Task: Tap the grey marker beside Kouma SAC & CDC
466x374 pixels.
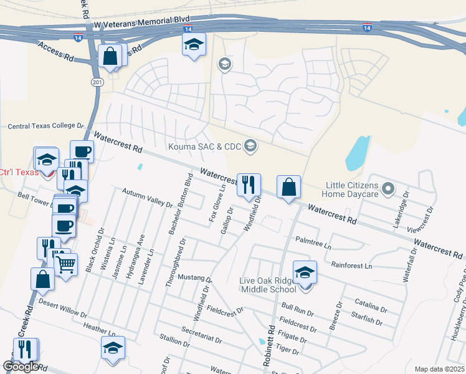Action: (250, 146)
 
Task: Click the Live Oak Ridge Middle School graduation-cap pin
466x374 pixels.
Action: (305, 273)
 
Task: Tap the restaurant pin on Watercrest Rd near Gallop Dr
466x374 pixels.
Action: (249, 185)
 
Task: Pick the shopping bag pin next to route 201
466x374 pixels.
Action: (110, 57)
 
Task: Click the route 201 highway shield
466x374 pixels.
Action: (97, 82)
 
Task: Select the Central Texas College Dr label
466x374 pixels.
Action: (45, 126)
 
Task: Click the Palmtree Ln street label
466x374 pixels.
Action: (313, 239)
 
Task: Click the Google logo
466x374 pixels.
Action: (21, 367)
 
